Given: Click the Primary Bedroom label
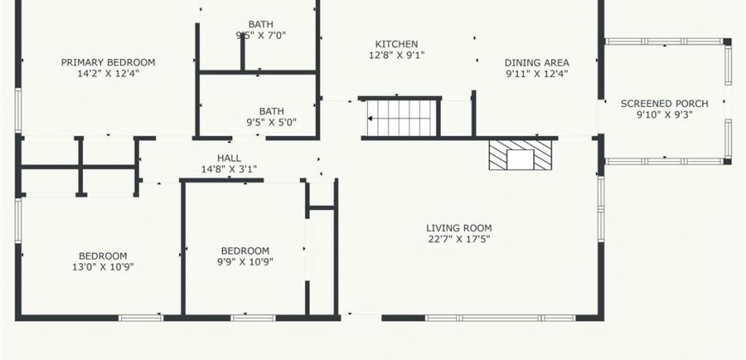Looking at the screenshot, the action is click(x=108, y=63).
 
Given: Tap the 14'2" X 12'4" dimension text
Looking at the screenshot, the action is click(x=108, y=74).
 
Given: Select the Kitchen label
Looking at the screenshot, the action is click(x=397, y=45).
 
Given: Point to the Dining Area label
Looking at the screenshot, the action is click(x=537, y=63).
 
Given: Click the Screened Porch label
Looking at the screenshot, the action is click(x=665, y=104).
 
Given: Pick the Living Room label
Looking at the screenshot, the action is click(x=459, y=228).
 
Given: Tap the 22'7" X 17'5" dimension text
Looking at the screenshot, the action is click(x=459, y=239).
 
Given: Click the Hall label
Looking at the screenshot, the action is click(x=229, y=158).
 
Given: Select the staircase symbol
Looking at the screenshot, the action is click(x=401, y=118).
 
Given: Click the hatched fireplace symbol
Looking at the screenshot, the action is click(x=520, y=154).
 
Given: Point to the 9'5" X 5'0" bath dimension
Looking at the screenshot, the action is click(x=271, y=123).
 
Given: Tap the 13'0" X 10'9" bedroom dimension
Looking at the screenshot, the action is click(x=103, y=267).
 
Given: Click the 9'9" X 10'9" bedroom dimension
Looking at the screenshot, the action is click(x=245, y=261).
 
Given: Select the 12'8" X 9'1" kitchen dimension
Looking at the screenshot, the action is click(x=397, y=55).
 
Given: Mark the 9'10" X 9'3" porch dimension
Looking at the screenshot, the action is click(x=665, y=115).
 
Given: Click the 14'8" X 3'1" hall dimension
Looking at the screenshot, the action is click(x=229, y=169).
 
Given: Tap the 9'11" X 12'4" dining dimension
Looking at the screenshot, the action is click(x=537, y=74).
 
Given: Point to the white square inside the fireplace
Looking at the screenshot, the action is click(x=520, y=159).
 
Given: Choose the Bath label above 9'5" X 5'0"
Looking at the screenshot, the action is click(x=271, y=111).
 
